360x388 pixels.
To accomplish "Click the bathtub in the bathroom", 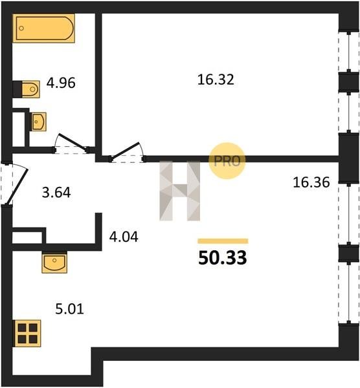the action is (x=43, y=28).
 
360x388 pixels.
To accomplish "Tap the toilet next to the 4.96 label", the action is (x=27, y=89).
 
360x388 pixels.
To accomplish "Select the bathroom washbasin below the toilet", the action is (x=39, y=122).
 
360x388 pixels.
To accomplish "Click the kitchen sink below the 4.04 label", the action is (x=54, y=263).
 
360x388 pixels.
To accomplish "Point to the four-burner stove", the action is (x=27, y=333).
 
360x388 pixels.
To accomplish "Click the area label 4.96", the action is (x=61, y=83).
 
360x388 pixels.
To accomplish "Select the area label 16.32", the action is (x=216, y=80).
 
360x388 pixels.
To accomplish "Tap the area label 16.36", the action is (x=311, y=182).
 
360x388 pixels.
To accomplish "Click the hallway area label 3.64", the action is (x=56, y=193).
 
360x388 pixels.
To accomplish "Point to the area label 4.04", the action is (x=124, y=237).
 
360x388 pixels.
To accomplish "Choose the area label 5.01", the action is (x=70, y=309).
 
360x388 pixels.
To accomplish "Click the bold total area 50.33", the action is (x=223, y=258).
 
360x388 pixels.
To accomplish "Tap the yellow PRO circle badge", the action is (x=227, y=161).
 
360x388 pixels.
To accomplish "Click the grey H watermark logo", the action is (x=180, y=191).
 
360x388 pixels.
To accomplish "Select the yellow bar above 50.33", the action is (x=223, y=241).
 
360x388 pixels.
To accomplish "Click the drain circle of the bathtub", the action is (x=21, y=28).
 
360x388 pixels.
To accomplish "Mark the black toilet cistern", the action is (x=17, y=89).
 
